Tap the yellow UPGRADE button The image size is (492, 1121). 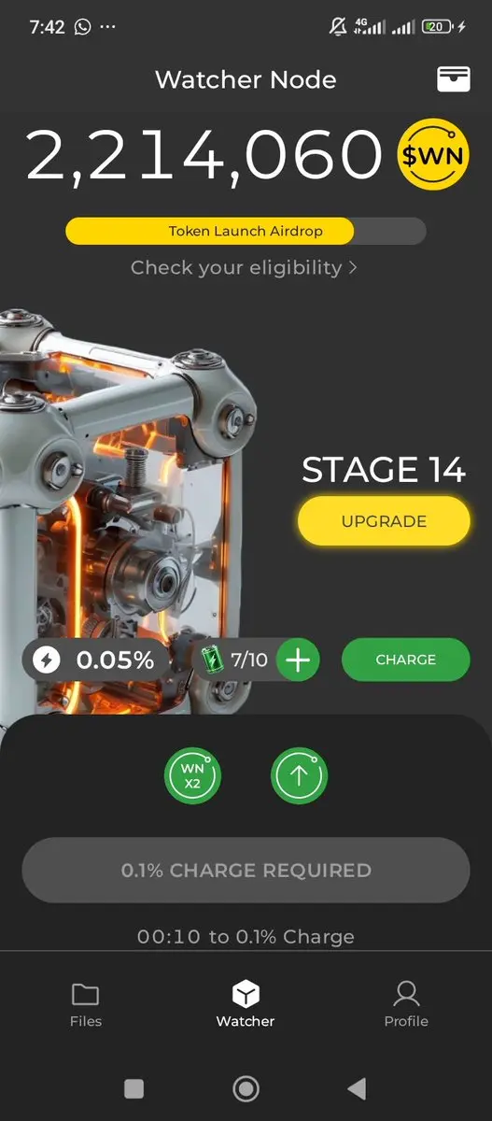pos(384,521)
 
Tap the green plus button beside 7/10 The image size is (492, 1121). pos(298,660)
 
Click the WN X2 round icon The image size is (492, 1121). pos(192,775)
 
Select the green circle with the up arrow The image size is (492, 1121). pos(299,775)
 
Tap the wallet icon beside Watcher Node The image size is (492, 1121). pos(454,79)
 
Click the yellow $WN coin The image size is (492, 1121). pos(433,155)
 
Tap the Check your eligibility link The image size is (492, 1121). pos(244,268)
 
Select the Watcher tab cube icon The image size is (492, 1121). pos(246,993)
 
